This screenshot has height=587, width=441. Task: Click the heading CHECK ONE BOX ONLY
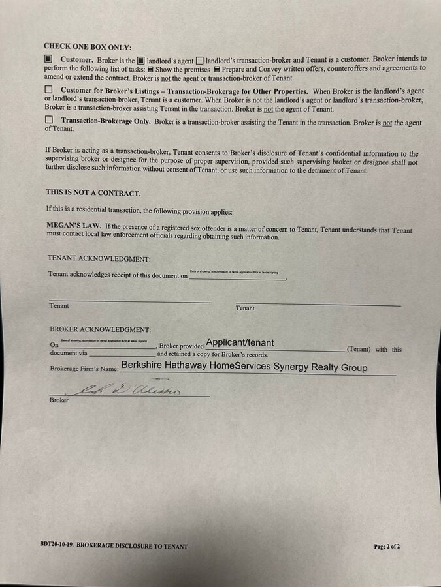point(88,46)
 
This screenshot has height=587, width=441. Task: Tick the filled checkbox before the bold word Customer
point(48,59)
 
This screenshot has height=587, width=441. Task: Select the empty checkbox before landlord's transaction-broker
point(200,59)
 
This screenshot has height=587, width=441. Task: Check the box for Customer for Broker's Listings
point(48,90)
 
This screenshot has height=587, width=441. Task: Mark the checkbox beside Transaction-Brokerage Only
point(48,120)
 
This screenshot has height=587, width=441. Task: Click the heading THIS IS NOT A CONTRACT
point(93,193)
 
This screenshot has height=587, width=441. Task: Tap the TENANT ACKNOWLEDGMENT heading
point(99,258)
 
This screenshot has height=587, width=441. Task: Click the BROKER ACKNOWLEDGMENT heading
point(100,329)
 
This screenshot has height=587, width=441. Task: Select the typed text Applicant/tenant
point(240,342)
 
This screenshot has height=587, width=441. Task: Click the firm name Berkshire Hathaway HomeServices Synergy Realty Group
point(244,367)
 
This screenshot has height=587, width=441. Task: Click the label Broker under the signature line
point(59,400)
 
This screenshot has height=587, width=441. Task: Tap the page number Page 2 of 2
point(387,546)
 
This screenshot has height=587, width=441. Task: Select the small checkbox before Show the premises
point(150,68)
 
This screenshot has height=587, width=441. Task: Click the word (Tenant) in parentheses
point(359,350)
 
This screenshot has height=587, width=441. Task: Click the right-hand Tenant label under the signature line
point(245,308)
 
